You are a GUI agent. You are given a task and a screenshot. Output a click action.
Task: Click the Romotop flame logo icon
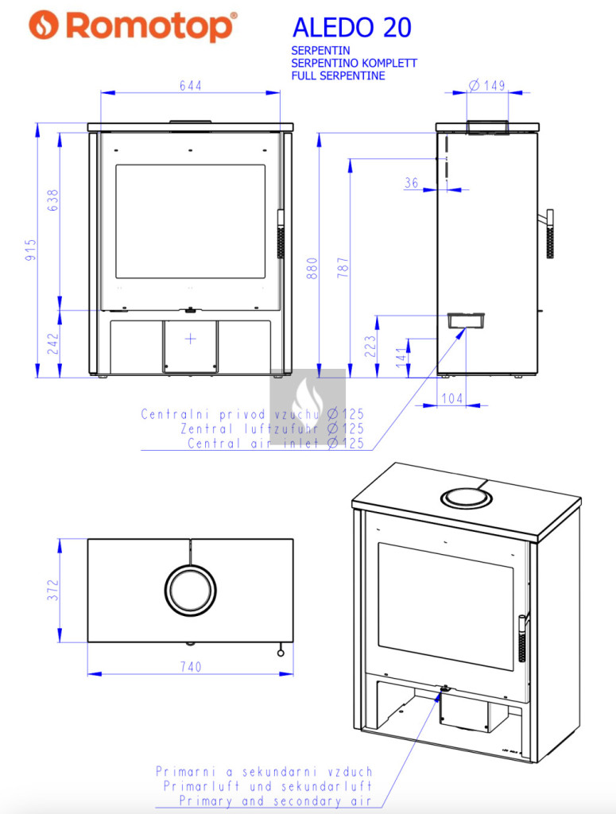(x=44, y=25)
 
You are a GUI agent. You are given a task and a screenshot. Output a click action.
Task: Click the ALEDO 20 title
(x=352, y=28)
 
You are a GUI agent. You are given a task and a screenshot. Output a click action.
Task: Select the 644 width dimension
(x=191, y=86)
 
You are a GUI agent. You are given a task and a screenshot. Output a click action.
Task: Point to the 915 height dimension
(x=31, y=250)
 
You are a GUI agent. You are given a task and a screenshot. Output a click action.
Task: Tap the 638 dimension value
(x=53, y=200)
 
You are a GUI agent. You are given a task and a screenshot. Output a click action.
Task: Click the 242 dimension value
(x=53, y=343)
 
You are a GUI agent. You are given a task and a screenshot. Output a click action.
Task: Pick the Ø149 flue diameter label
(x=486, y=85)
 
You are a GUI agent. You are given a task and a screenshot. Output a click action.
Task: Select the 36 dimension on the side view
(x=412, y=183)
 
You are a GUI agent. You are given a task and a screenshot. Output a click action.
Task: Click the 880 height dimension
(x=312, y=268)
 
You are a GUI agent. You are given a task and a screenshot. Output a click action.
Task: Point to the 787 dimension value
(x=343, y=267)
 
